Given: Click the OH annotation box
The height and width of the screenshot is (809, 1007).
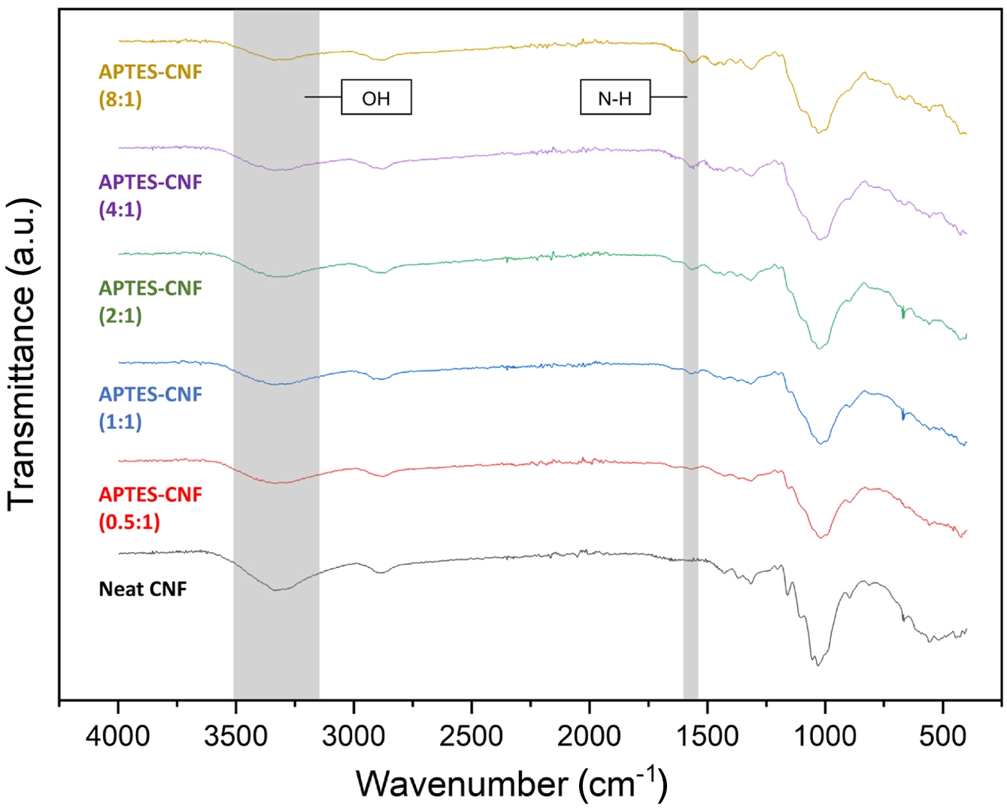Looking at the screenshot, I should coord(376,97).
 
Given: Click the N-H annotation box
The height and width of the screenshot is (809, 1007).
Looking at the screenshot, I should coord(614,97).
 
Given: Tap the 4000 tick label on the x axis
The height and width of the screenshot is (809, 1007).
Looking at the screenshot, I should coord(117,736).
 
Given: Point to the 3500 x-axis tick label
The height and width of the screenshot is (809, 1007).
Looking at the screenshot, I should coord(235,736).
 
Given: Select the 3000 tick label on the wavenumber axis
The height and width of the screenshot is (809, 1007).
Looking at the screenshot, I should coord(353,736).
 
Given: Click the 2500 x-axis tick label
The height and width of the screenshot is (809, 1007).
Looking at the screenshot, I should coord(472,736).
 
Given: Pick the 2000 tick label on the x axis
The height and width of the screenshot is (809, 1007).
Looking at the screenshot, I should coord(589,736).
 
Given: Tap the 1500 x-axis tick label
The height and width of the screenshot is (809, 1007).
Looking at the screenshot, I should coord(707,736).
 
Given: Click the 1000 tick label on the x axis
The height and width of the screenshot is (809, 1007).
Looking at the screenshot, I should coord(825,736).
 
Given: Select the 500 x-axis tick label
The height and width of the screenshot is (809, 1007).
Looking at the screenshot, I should coord(942,736).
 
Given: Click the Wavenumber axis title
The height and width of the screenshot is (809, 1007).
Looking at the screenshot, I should coord(511,783).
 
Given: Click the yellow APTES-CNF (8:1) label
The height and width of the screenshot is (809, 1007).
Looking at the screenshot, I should coord(150,85).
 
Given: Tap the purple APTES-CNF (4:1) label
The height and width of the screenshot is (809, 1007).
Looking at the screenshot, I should coord(150,195).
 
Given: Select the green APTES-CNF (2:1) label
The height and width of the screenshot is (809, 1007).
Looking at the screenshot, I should coord(150,301).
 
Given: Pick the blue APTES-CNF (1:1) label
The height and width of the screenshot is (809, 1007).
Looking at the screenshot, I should coord(150,407).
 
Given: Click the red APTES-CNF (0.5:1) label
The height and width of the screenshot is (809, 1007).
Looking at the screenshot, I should coord(150,507).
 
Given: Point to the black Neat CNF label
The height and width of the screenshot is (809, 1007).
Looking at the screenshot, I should coord(143,589).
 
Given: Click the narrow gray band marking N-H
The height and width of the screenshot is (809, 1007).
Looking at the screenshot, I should coord(690,376).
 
